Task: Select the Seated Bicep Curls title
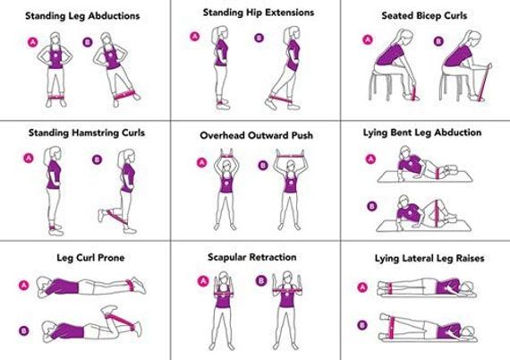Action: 423,16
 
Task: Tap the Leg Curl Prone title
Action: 84,258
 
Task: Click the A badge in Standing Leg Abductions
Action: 32,42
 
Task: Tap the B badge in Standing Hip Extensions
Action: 259,38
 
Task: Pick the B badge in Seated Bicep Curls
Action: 438,40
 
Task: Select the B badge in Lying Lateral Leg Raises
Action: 362,324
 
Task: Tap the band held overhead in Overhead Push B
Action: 290,156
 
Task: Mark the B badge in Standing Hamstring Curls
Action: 97,160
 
